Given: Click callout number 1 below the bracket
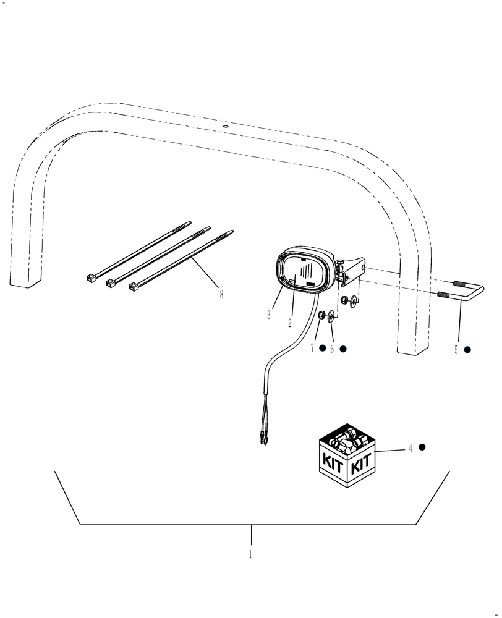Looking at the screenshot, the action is [250, 554].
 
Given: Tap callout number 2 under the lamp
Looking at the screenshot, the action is [289, 323].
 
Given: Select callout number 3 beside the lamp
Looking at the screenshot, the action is [269, 315].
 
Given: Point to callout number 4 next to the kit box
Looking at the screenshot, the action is [410, 449].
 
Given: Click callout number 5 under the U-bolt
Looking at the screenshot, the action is [456, 350].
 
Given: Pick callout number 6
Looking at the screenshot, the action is [332, 349].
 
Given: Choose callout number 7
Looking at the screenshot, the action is [313, 349].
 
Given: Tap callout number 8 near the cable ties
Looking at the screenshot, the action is [221, 295].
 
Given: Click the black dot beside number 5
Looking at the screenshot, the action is [467, 350].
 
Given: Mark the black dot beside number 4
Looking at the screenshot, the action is [422, 447].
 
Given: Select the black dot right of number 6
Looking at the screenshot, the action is [343, 349].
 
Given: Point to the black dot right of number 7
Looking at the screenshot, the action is [322, 349].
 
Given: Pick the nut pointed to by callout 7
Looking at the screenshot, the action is [322, 316].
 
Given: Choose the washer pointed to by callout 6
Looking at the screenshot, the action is [332, 317].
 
